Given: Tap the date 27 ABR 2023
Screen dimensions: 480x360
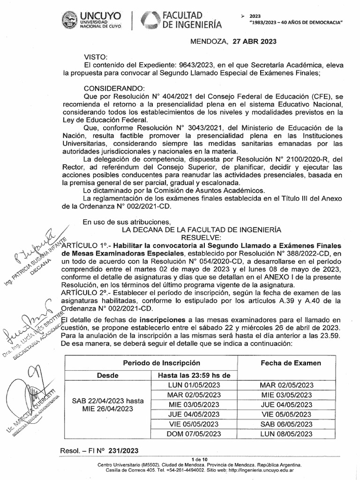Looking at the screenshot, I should point(253,41).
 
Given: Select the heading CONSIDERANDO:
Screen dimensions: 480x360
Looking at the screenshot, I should point(114,88).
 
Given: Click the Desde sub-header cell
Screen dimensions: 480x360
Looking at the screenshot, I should point(107,375).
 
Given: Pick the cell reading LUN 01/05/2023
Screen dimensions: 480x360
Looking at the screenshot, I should point(194,385).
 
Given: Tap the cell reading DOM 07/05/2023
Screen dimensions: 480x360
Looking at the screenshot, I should point(194,434).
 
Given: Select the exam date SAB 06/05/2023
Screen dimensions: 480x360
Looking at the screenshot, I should point(286,424).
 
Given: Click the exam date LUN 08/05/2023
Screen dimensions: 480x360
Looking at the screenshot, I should point(286,434).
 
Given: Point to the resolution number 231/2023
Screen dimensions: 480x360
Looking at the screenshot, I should point(123,450).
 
